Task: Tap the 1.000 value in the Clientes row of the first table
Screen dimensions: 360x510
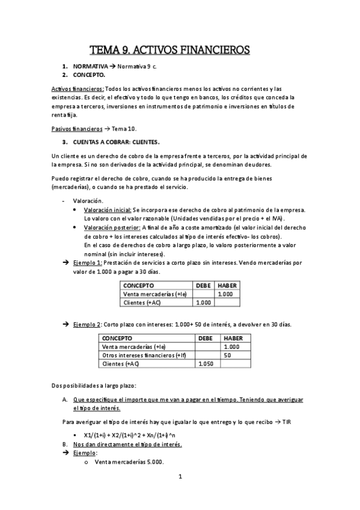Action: click(x=203, y=303)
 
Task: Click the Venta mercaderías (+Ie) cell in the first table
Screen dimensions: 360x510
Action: click(x=154, y=294)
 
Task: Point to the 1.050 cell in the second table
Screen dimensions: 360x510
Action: click(x=206, y=364)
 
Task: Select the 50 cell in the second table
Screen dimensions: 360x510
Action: click(x=227, y=355)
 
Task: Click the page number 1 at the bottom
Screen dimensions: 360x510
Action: click(x=180, y=477)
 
